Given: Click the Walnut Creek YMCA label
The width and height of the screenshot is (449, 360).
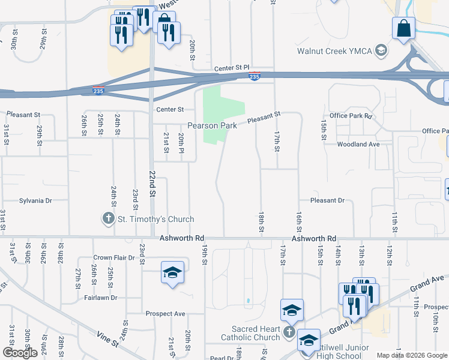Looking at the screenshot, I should coord(335,50).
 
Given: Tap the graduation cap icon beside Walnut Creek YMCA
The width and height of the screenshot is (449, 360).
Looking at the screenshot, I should coord(381,50).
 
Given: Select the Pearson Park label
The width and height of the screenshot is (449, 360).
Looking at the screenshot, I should coord(212,125).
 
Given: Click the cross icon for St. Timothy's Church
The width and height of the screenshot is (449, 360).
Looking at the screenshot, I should coord(108,218).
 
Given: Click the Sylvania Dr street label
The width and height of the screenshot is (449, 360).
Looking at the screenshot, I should coord(36,200).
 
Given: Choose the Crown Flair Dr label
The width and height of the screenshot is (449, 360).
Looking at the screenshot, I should coord(113,257).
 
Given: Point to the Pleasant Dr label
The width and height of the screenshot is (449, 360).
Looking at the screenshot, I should coord(327,200).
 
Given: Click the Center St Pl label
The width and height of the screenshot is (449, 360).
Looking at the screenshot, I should coord(232,70).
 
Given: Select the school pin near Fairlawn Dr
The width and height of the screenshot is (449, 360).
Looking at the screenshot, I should coord(172,273).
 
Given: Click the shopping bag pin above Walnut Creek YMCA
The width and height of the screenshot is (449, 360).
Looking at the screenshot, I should coord(404,28).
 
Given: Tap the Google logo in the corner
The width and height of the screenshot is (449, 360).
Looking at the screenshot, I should coord(20,353).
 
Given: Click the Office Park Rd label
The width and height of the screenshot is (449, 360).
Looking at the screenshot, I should coord(351,115).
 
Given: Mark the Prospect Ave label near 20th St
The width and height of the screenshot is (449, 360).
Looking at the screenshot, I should coord(165,314).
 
